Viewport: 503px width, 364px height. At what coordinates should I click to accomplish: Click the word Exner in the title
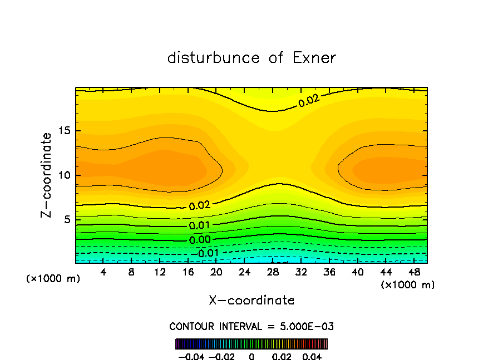314,58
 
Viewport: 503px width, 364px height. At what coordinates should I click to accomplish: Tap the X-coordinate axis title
251,301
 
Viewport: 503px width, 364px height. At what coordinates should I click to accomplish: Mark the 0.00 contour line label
199,239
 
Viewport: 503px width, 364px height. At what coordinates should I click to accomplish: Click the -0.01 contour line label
208,253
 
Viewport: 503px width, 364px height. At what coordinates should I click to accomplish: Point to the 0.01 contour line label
199,225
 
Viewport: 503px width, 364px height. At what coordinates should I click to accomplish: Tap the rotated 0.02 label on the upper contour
309,100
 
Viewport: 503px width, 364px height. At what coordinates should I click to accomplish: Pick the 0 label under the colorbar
251,356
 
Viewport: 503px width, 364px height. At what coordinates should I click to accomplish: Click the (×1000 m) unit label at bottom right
408,285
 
